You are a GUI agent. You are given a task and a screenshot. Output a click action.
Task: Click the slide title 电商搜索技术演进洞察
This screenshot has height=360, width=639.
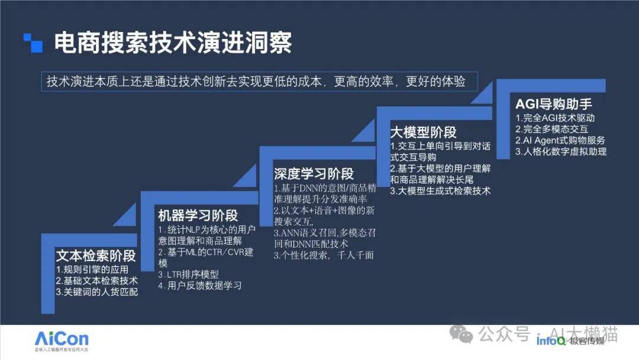(x=173, y=43)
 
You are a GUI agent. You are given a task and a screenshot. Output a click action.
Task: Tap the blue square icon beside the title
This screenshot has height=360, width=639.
(x=33, y=43)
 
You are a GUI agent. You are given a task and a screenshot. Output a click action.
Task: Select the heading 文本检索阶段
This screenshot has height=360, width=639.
(x=96, y=256)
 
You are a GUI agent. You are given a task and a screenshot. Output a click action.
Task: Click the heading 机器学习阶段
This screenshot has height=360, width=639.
(x=198, y=216)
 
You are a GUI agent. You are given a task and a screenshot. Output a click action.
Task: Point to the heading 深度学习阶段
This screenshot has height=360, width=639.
(x=314, y=173)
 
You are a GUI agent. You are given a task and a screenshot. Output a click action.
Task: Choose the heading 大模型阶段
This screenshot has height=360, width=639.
(x=423, y=132)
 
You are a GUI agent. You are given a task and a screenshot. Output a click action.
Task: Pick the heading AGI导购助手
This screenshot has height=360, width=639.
(x=553, y=104)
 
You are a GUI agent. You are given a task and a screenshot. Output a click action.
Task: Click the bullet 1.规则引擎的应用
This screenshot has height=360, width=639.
(x=92, y=269)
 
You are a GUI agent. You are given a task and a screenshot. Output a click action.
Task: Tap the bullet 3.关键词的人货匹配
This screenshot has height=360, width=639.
(x=97, y=292)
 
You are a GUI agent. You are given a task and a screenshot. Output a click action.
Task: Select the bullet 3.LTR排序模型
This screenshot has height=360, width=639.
(x=189, y=274)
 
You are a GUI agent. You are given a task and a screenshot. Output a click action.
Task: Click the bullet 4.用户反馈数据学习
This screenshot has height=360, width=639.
(x=200, y=285)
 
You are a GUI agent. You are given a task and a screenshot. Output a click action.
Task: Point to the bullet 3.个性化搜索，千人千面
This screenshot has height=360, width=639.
(x=324, y=255)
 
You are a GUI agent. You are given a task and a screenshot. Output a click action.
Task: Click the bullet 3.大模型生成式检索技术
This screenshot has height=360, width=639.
(x=440, y=191)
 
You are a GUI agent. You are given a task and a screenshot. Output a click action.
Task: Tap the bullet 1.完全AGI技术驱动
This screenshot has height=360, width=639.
(x=555, y=118)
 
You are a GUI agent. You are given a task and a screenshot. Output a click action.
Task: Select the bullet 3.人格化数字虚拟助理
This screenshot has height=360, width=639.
(x=561, y=152)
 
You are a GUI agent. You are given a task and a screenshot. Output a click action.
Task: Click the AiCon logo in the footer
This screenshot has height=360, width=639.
(x=62, y=341)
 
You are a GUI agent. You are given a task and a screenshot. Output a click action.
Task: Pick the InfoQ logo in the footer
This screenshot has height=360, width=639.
(x=551, y=340)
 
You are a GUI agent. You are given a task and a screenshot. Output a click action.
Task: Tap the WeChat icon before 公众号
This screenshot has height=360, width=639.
(x=461, y=335)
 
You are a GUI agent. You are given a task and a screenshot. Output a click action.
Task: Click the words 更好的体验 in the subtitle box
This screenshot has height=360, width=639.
(x=435, y=82)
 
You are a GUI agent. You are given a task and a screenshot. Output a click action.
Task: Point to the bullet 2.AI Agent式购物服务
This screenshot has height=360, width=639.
(x=560, y=140)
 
